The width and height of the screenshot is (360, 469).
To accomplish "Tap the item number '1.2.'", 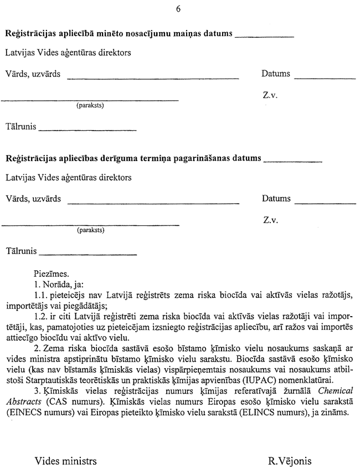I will click(x=43, y=315).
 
